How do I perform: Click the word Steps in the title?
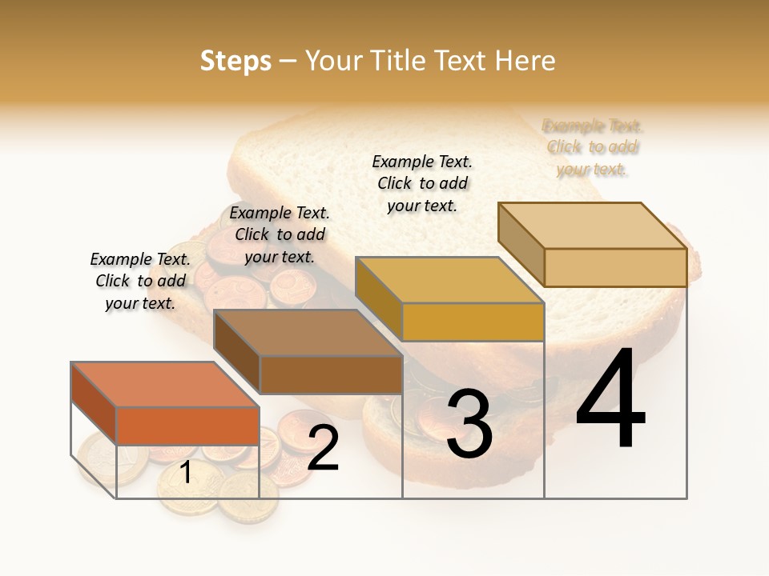[x=235, y=61]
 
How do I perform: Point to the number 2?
[x=323, y=449]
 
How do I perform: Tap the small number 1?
[x=186, y=473]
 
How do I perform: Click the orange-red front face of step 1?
[x=187, y=426]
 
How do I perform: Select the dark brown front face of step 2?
[x=331, y=374]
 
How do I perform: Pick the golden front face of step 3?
[x=473, y=322]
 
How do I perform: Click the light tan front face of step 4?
[x=615, y=267]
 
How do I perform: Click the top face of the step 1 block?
[x=165, y=384]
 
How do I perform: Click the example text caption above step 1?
[x=140, y=281]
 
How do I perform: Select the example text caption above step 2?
[x=280, y=234]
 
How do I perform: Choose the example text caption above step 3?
[x=422, y=183]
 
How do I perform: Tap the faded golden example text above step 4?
[x=592, y=147]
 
